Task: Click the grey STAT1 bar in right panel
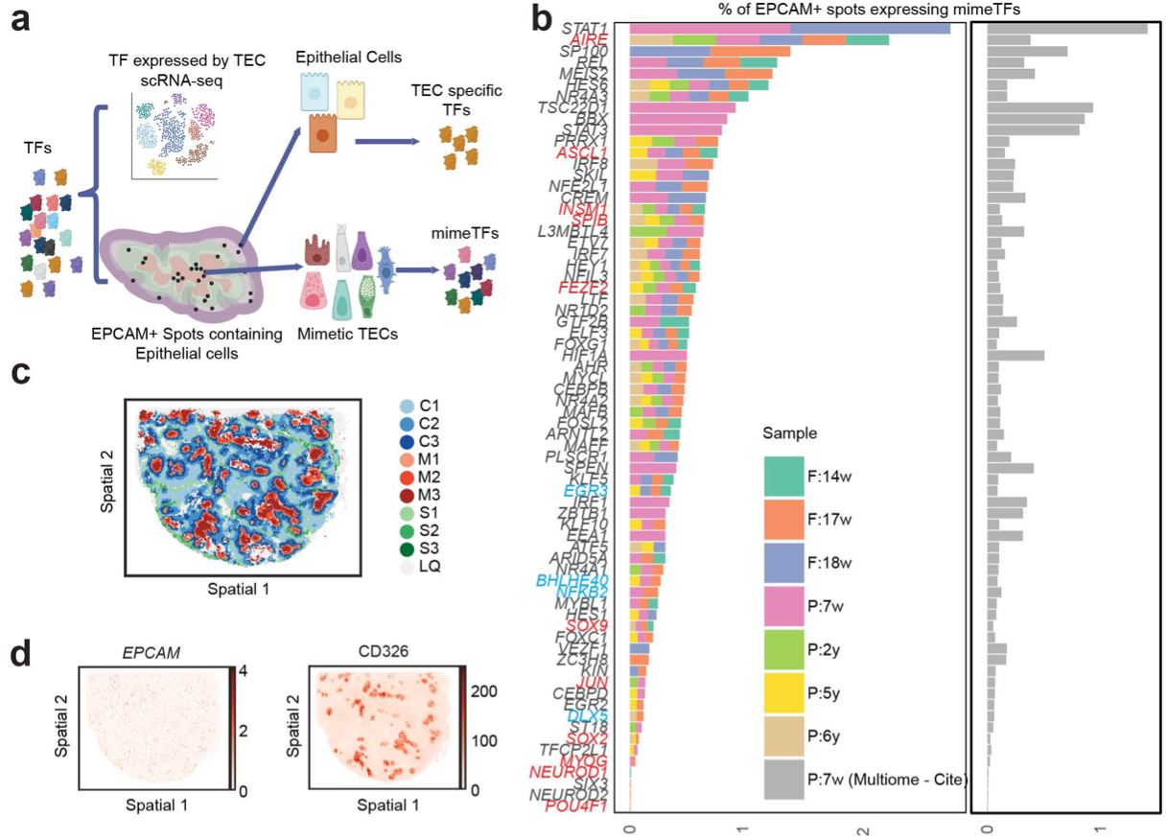(1066, 29)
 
